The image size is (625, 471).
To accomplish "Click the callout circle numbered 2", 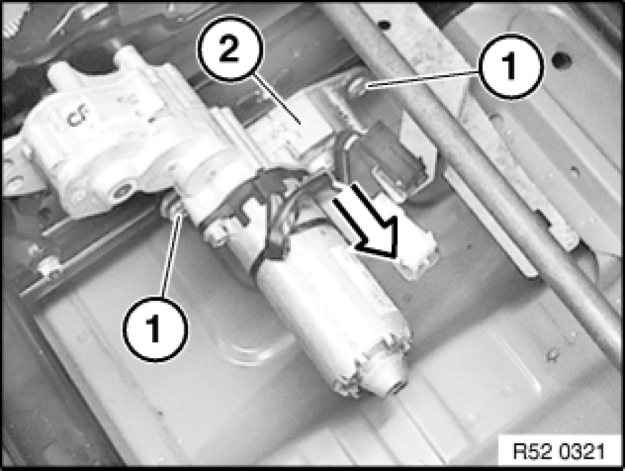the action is pyautogui.click(x=231, y=49).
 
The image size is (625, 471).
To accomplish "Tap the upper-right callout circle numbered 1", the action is pyautogui.click(x=511, y=66).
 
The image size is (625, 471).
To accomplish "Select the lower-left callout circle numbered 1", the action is pyautogui.click(x=156, y=329).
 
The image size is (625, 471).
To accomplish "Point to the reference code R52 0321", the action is pyautogui.click(x=559, y=452).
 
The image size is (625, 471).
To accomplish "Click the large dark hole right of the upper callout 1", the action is pyautogui.click(x=562, y=60).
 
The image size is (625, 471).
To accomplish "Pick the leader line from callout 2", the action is pyautogui.click(x=276, y=100).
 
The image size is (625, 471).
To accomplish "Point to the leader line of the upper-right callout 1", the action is pyautogui.click(x=423, y=78).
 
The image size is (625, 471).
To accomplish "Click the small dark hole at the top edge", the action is pyautogui.click(x=384, y=25).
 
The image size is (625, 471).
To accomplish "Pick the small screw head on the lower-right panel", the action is pyautogui.click(x=552, y=352).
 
